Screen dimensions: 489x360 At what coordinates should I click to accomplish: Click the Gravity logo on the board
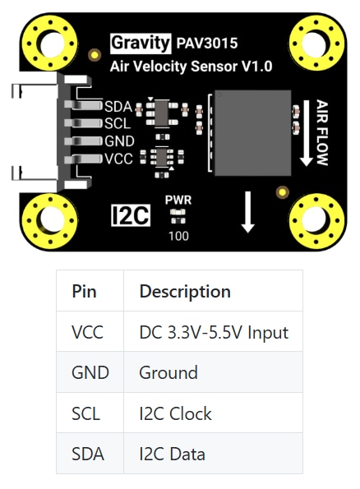[141, 43]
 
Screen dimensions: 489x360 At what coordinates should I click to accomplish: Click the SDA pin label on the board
[118, 106]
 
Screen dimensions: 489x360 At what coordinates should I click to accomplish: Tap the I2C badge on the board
[129, 215]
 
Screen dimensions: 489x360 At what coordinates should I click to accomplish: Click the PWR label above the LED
[178, 200]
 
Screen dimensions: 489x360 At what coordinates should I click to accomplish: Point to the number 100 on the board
[178, 236]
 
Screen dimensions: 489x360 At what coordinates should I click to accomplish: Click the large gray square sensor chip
[252, 132]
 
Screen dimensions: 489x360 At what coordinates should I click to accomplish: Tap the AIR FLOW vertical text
[321, 131]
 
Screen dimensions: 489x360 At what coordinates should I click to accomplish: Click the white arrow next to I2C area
[247, 212]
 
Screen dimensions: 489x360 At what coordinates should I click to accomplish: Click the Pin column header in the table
[85, 291]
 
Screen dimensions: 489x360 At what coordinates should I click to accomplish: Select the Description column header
[185, 291]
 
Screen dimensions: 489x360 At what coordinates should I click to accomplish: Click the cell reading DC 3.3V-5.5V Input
[214, 332]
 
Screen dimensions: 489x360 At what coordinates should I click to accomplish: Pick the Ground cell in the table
[168, 372]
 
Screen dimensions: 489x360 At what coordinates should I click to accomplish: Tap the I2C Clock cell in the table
[175, 413]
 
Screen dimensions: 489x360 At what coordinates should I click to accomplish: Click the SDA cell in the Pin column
[87, 454]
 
